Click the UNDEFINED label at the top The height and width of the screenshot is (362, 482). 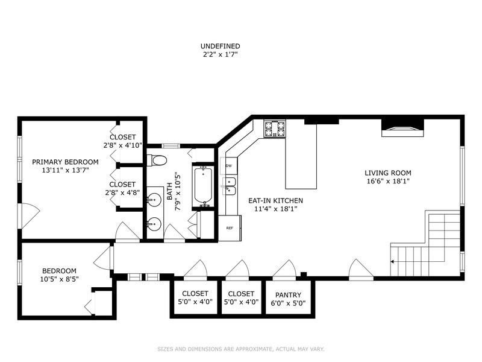coord(220,46)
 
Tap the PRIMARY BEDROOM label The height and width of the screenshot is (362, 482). coord(65,162)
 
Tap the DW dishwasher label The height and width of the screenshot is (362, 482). coord(229,166)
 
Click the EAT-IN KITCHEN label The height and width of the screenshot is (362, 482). coord(275,200)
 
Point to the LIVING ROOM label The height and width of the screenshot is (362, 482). coord(388,173)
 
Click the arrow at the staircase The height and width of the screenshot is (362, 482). coord(393,261)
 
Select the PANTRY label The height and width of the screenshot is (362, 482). coord(287,295)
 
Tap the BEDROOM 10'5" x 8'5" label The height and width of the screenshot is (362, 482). coord(59,271)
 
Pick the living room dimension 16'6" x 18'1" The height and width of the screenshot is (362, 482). coord(388,182)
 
